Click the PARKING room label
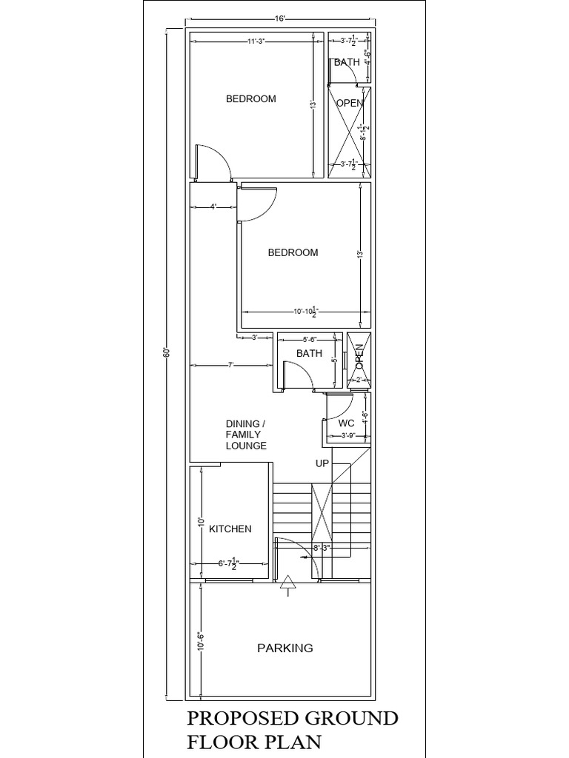pyautogui.click(x=284, y=648)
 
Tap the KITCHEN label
pyautogui.click(x=230, y=529)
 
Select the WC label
pyautogui.click(x=346, y=423)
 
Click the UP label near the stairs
pyautogui.click(x=322, y=463)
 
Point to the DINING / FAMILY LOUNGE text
pyautogui.click(x=246, y=435)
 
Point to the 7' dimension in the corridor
pyautogui.click(x=230, y=365)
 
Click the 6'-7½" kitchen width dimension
pyautogui.click(x=227, y=563)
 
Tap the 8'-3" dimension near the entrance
pyautogui.click(x=321, y=549)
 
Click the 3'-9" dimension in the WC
pyautogui.click(x=349, y=437)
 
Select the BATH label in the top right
pyautogui.click(x=347, y=62)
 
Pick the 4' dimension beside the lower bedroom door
pyautogui.click(x=213, y=207)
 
